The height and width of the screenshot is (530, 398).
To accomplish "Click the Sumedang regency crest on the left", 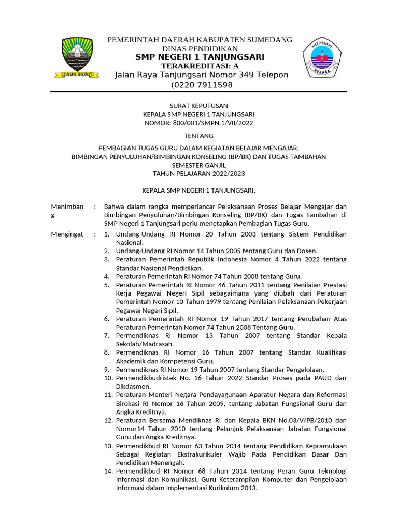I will [77, 57].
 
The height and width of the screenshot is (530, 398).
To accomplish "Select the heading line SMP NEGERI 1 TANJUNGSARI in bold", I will [200, 57].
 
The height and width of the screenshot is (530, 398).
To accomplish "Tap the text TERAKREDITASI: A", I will [200, 66].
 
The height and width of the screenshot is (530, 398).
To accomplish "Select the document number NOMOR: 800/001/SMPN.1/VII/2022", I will [199, 123].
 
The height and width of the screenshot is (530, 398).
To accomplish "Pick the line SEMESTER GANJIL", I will [199, 165].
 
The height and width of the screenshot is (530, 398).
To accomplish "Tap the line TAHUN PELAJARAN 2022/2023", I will [199, 173].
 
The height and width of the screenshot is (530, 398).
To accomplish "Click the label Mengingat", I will [67, 234].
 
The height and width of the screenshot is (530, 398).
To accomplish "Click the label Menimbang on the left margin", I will [67, 207].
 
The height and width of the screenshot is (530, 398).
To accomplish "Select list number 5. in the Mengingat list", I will [106, 285].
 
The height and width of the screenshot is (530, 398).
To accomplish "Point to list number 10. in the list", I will [108, 378].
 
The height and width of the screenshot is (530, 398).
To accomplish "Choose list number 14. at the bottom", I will [108, 471].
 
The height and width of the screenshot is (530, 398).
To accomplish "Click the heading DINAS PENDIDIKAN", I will [200, 48].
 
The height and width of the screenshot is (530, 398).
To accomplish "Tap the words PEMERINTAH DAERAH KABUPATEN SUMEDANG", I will [200, 40].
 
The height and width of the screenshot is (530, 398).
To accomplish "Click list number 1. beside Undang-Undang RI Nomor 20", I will [106, 234].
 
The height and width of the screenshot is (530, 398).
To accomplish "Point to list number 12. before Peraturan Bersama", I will [108, 420].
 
